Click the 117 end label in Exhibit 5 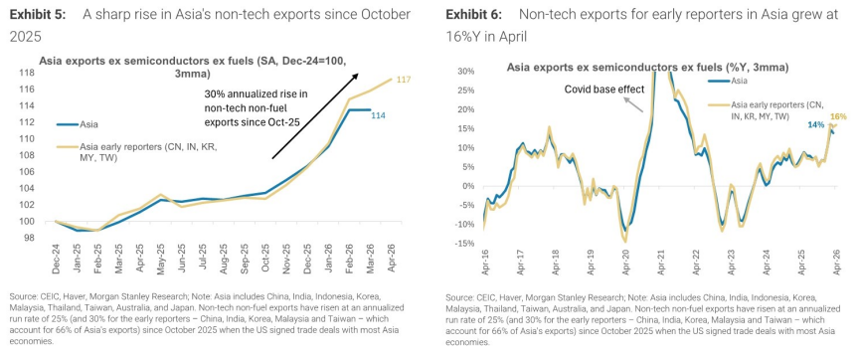[x=404, y=80]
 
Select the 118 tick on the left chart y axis [x=27, y=73]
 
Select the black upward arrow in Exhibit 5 [x=315, y=116]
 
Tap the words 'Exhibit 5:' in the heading [x=38, y=15]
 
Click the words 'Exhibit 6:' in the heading [x=474, y=15]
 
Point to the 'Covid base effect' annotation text [x=605, y=90]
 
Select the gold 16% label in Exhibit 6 [x=838, y=116]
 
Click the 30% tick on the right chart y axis [x=469, y=72]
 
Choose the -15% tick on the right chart [x=467, y=244]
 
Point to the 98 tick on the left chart [x=29, y=238]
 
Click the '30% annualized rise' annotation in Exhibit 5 [x=257, y=108]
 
